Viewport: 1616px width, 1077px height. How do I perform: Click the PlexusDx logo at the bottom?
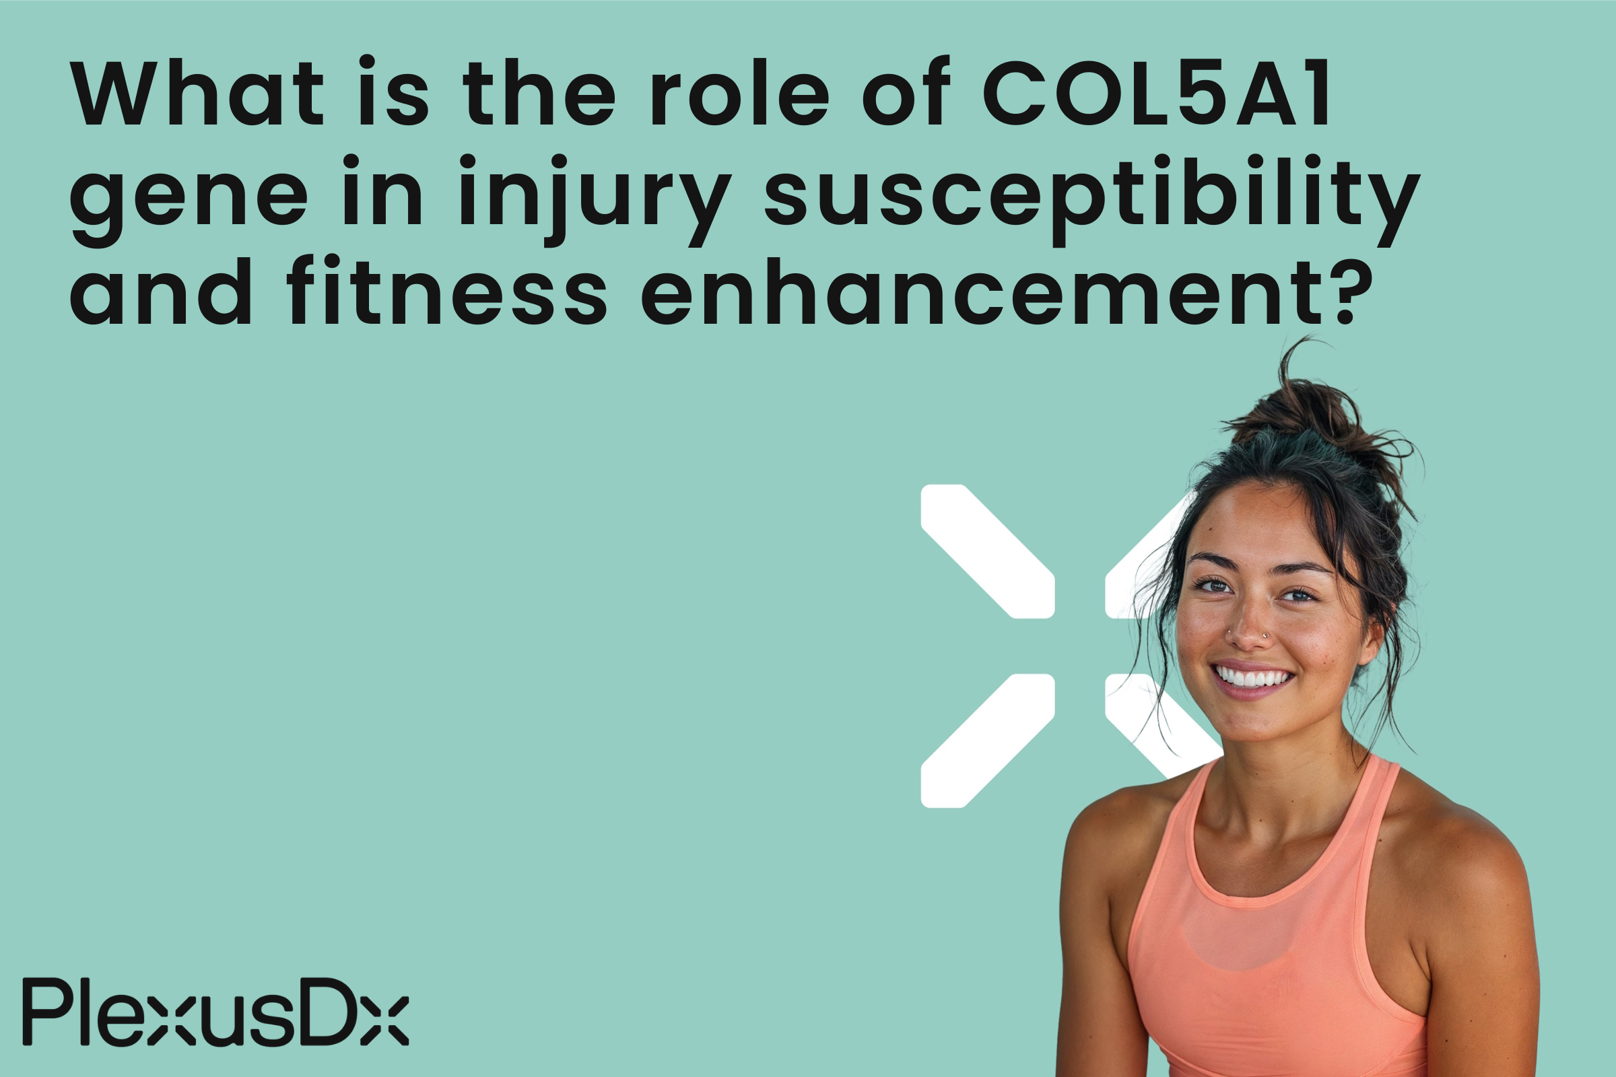[215, 1012]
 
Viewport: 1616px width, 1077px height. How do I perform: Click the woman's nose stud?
[1265, 636]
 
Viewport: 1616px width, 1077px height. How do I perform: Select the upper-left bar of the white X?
[987, 551]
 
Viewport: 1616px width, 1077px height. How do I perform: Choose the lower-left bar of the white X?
[987, 741]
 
